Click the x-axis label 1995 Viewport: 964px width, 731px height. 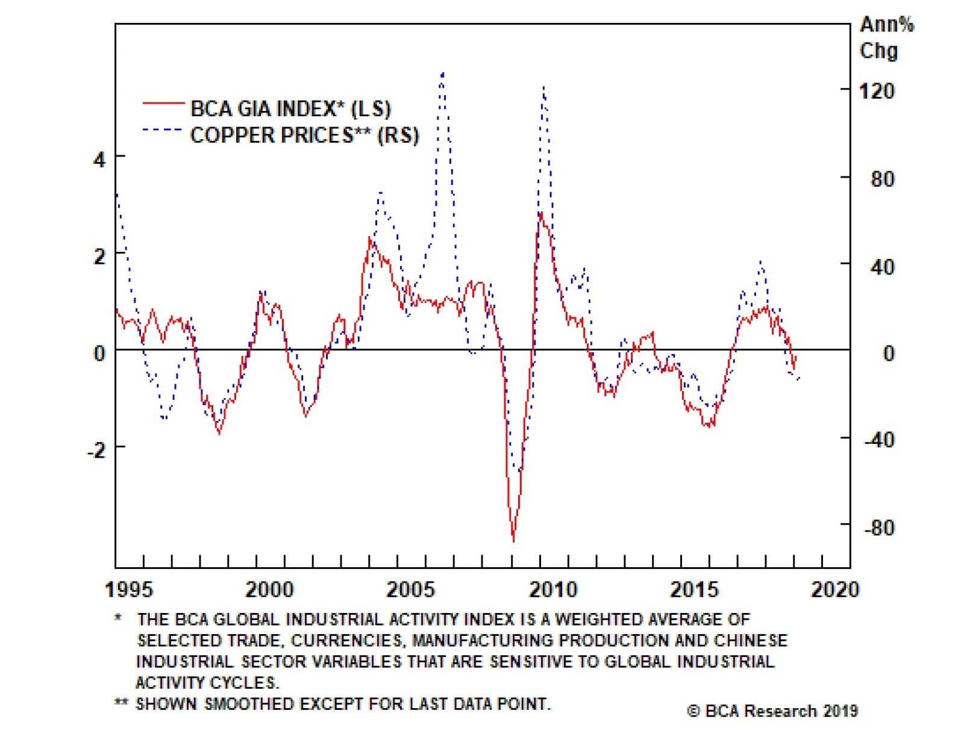click(129, 589)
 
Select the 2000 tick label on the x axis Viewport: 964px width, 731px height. click(269, 589)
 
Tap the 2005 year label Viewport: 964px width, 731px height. click(410, 589)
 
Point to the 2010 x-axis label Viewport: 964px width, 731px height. click(553, 589)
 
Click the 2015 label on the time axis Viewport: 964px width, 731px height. click(695, 589)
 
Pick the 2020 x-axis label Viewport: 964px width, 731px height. click(835, 589)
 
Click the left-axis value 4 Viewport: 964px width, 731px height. click(99, 160)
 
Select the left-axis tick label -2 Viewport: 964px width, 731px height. click(96, 450)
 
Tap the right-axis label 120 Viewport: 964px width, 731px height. click(877, 92)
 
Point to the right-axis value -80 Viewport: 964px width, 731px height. click(879, 528)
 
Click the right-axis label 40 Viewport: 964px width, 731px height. click(882, 267)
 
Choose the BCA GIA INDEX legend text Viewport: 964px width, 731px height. click(290, 109)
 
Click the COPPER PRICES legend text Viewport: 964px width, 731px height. click(304, 135)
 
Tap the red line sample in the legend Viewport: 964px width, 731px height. click(163, 104)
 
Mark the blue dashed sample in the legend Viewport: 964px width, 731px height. click(163, 129)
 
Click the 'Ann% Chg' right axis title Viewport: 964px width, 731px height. click(886, 37)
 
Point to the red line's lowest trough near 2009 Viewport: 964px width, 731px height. click(513, 540)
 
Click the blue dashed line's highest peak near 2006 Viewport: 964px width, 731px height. click(442, 73)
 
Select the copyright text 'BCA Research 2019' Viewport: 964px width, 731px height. click(772, 711)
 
